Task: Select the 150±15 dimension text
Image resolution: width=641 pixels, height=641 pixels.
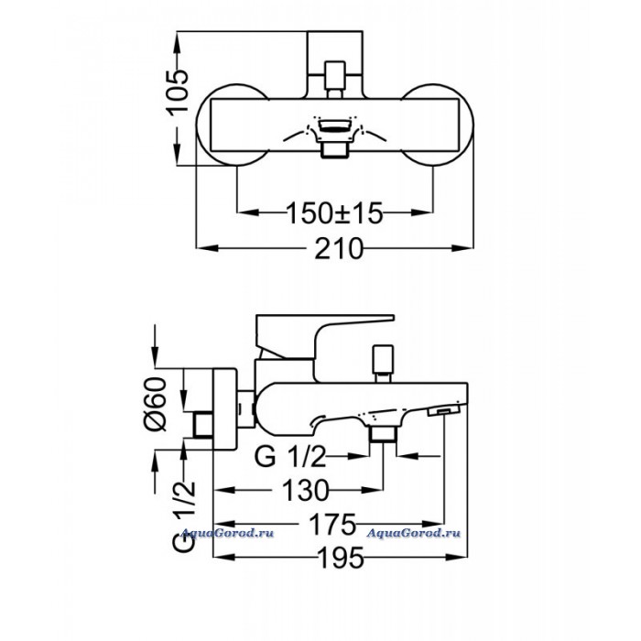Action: click(x=334, y=213)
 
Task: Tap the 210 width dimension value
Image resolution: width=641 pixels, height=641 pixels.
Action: click(x=339, y=248)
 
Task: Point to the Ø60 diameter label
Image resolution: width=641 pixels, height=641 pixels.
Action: click(x=156, y=404)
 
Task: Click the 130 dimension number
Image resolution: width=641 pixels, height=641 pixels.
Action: click(x=305, y=490)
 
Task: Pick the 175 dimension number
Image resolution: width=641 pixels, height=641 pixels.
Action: click(x=332, y=524)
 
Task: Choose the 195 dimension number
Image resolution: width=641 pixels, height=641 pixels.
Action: click(x=341, y=558)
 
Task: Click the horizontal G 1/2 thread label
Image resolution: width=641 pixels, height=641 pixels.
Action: click(x=290, y=456)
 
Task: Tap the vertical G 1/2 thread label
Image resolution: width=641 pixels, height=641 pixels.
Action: click(x=184, y=517)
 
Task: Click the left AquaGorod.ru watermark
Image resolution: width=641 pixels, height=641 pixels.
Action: click(x=227, y=533)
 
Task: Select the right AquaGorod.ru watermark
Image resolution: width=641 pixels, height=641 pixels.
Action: click(x=414, y=533)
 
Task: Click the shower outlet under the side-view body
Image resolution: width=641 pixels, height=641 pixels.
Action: click(x=383, y=434)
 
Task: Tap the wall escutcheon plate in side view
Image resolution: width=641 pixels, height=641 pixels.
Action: click(x=225, y=408)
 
